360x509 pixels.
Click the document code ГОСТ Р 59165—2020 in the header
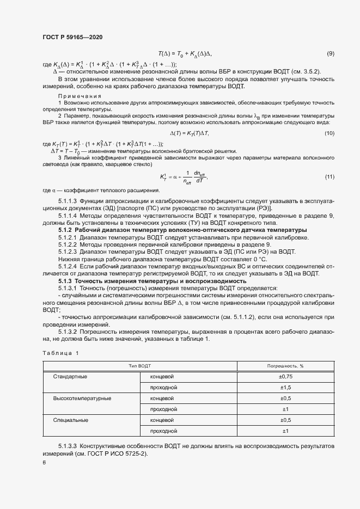72,37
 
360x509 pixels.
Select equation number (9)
330,53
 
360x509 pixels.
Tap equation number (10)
329,133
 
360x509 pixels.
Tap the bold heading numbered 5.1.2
68,230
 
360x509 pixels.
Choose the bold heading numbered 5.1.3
68,280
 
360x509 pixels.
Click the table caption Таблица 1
60,353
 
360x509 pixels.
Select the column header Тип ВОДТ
140,366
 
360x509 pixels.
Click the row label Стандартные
70,376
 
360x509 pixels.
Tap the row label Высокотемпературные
82,398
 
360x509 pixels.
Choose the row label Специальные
70,420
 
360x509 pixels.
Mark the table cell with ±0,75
285,376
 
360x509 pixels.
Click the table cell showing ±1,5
285,387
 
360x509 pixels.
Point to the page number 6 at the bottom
44,463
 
